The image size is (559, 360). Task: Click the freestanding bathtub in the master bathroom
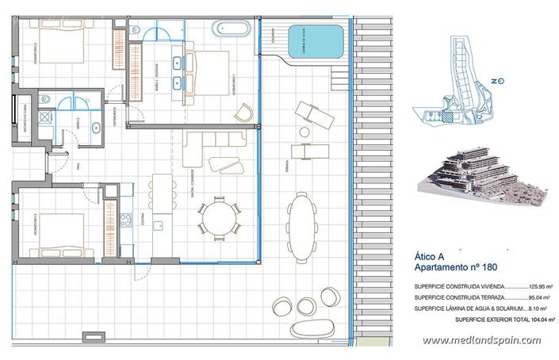pyautogui.click(x=232, y=29)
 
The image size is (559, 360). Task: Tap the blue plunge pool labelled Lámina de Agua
pyautogui.click(x=315, y=39)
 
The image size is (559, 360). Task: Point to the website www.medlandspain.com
pyautogui.click(x=481, y=340)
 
